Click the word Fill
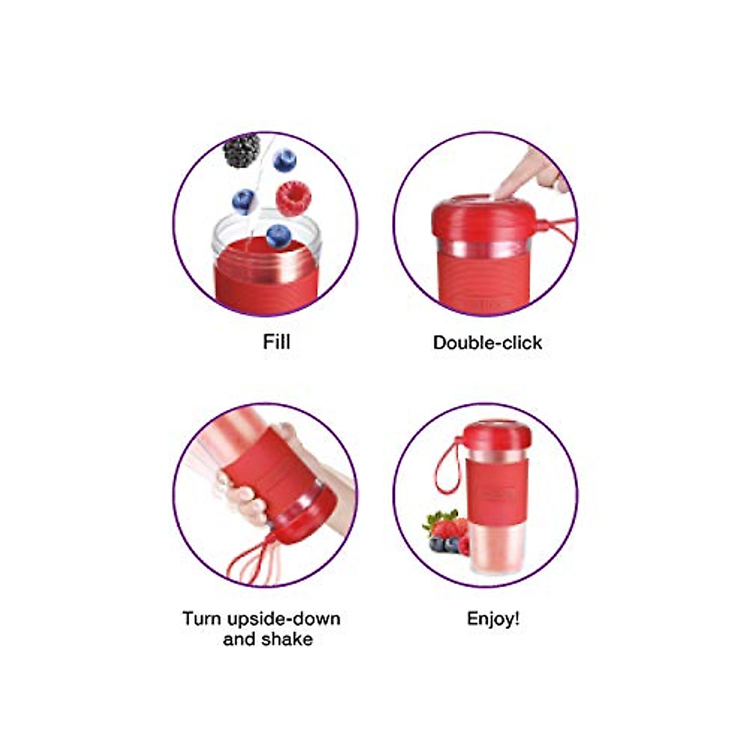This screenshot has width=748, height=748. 277,342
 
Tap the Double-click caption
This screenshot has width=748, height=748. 487,343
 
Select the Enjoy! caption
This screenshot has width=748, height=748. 493,619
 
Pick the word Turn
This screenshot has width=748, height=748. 201,619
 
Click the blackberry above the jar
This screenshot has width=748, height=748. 242,150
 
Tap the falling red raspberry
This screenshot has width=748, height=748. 293,196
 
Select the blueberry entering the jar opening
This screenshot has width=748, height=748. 278,236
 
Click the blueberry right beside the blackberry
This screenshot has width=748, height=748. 285,160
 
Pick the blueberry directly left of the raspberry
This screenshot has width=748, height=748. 244,201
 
